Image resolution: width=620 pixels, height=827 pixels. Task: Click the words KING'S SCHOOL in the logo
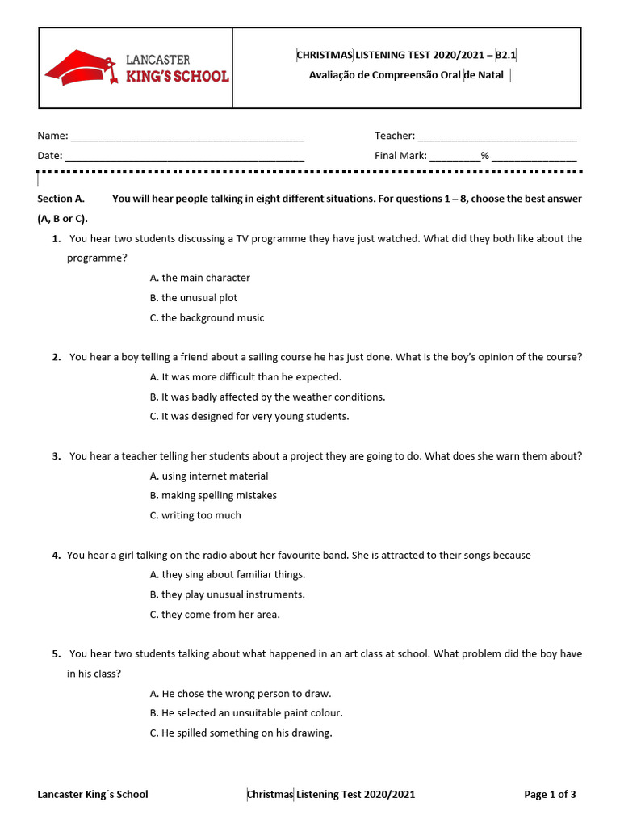tap(178, 77)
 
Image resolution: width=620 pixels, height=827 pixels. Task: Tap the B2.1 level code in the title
tap(505, 55)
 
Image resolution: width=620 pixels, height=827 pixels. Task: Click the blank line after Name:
tap(187, 137)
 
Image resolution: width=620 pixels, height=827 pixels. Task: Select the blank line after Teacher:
tap(497, 137)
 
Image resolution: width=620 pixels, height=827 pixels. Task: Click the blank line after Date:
tap(184, 157)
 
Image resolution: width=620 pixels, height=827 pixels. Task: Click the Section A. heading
tap(61, 199)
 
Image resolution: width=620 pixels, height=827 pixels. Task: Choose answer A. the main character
tap(200, 278)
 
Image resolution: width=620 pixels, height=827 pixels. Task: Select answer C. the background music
tap(207, 318)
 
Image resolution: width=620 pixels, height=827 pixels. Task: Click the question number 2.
tap(57, 357)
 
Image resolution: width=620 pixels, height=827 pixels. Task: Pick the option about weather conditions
tap(267, 397)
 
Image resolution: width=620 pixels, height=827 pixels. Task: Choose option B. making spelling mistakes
tap(213, 496)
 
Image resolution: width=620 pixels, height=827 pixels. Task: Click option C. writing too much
tap(195, 516)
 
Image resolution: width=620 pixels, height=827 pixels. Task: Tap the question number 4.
tap(57, 556)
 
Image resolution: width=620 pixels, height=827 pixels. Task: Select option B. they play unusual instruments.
tap(227, 595)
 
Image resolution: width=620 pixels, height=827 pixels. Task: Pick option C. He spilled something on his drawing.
tap(241, 733)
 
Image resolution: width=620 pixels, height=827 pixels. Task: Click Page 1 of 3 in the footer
tap(550, 795)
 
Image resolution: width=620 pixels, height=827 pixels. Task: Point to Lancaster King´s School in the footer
tap(93, 795)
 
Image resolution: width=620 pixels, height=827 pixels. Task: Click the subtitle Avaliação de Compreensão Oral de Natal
tap(406, 76)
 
